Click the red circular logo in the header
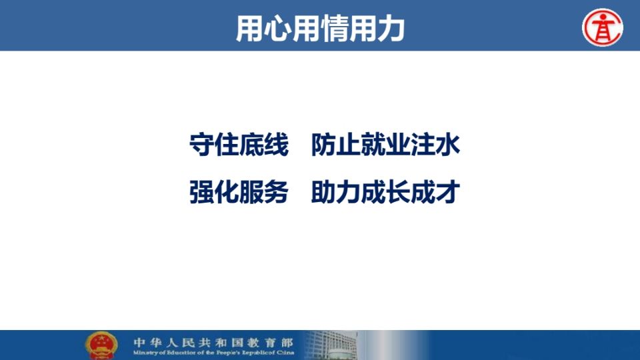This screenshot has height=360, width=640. click(603, 27)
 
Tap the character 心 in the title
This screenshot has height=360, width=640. click(279, 28)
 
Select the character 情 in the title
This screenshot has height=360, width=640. click(335, 28)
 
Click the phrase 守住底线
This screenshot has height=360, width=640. click(239, 145)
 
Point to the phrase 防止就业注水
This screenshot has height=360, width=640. click(385, 145)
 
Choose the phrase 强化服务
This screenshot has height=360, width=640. click(239, 192)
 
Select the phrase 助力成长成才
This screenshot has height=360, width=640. click(385, 192)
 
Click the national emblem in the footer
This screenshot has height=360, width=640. click(101, 345)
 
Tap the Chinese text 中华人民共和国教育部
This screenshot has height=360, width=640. click(213, 342)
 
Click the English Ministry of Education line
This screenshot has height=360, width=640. click(213, 353)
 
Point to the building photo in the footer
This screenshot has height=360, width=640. click(331, 345)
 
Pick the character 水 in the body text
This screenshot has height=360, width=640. click(448, 145)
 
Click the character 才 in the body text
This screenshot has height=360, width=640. click(448, 192)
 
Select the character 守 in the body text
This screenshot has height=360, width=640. click(201, 145)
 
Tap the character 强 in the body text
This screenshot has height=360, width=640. click(201, 192)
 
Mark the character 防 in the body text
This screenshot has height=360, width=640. click(323, 145)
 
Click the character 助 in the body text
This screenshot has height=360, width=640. click(323, 192)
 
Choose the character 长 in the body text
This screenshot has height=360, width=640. click(398, 192)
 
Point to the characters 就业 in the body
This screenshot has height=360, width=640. click(373, 145)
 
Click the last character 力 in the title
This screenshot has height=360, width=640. click(391, 28)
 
